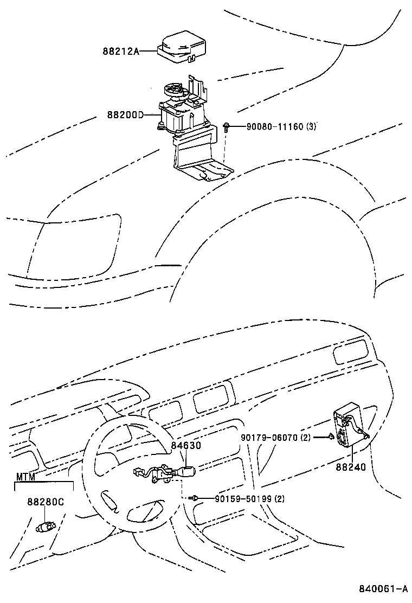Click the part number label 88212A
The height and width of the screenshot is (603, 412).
point(121,52)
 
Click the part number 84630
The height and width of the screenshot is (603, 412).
point(186,445)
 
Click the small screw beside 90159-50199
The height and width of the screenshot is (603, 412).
point(194,498)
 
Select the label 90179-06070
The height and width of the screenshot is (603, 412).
point(268,437)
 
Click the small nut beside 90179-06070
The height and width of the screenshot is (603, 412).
point(330,437)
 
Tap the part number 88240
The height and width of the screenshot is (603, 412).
point(350,466)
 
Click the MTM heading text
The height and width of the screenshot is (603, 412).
point(25,477)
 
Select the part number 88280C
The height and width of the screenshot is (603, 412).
point(46,502)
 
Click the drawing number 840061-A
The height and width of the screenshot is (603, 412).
point(382,588)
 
